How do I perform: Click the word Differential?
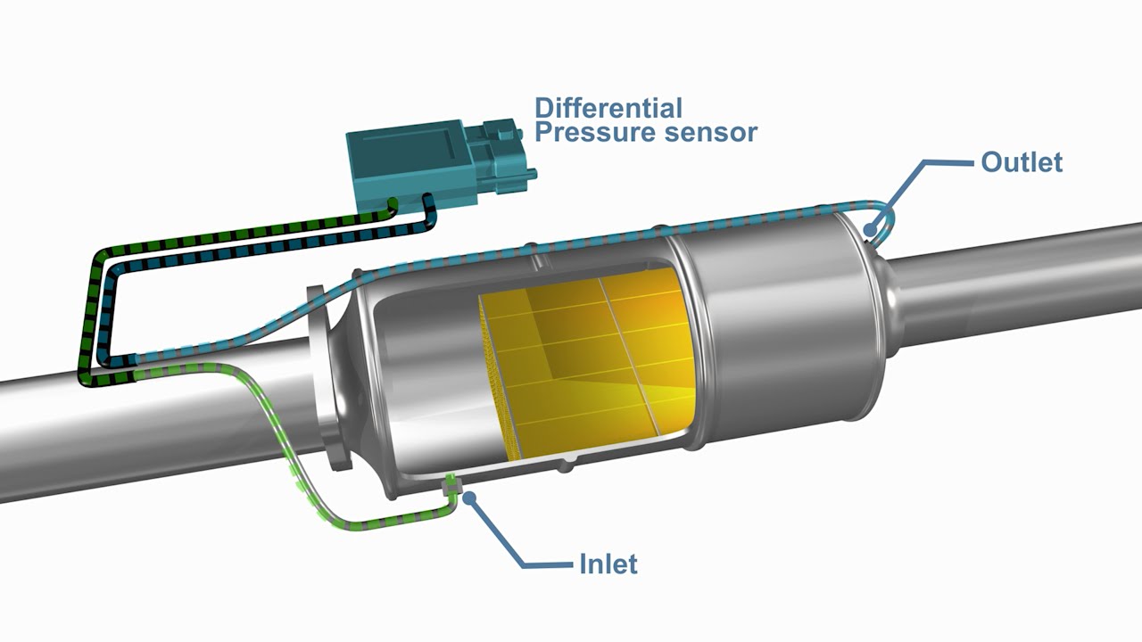click(608, 109)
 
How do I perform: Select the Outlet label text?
click(1021, 162)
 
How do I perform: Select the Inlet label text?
click(608, 564)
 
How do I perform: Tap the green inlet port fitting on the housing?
click(451, 485)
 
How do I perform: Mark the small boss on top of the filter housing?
click(536, 264)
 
